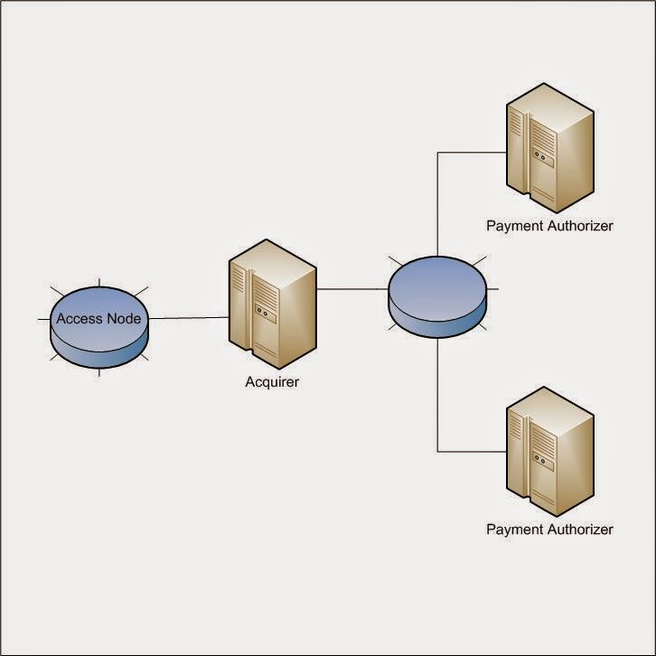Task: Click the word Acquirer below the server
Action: click(x=272, y=382)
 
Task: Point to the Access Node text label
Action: click(x=98, y=318)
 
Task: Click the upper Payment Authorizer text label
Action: click(x=549, y=226)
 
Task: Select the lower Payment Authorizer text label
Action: click(x=549, y=529)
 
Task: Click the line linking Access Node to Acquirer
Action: click(x=188, y=318)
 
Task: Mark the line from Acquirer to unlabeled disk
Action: click(x=352, y=290)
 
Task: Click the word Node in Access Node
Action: click(x=123, y=318)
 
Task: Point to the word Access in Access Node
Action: click(x=79, y=318)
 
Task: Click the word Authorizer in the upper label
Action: click(x=579, y=226)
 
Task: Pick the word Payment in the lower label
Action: click(x=514, y=529)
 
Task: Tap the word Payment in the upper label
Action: click(x=514, y=226)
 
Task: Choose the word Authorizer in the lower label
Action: click(x=579, y=529)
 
